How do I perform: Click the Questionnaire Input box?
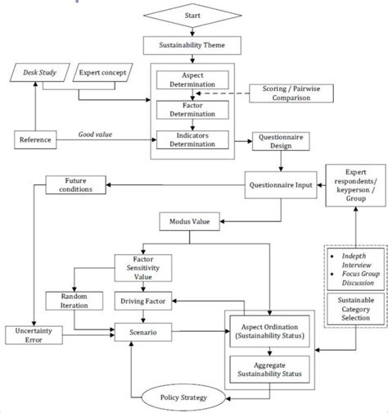(x=280, y=185)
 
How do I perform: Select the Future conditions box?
(x=74, y=185)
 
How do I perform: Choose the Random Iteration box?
(x=74, y=301)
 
